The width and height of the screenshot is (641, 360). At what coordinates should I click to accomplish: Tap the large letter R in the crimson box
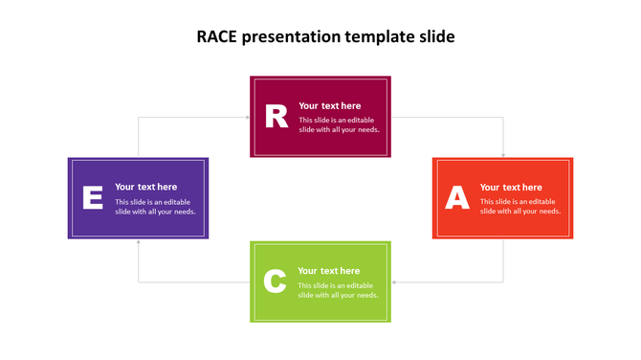tap(276, 117)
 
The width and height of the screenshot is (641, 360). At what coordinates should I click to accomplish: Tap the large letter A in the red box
tap(457, 198)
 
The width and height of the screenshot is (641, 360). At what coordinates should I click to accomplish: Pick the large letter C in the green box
tap(275, 282)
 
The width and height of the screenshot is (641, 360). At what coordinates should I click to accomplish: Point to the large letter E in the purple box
tap(93, 198)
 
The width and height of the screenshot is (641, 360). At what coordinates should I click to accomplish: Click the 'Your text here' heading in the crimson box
tap(329, 106)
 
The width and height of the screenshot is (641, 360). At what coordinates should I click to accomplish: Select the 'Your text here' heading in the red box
tap(511, 188)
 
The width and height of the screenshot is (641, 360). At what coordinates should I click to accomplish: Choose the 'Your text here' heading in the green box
tap(328, 271)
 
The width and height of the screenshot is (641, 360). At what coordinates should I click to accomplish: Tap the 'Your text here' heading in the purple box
tap(146, 187)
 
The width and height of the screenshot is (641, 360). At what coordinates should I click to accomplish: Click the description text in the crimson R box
tap(339, 125)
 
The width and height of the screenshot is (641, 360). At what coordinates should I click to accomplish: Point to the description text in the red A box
tap(519, 207)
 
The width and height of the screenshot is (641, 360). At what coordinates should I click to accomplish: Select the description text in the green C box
tap(338, 290)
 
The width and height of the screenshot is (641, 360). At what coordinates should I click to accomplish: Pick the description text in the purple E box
tap(155, 207)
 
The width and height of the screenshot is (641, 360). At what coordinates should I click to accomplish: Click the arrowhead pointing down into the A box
tap(503, 154)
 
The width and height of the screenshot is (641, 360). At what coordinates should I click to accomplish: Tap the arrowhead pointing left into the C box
tap(394, 282)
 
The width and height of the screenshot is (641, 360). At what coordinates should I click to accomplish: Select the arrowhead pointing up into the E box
tap(139, 242)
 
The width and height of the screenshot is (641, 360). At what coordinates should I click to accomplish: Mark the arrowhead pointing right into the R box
tap(247, 118)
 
